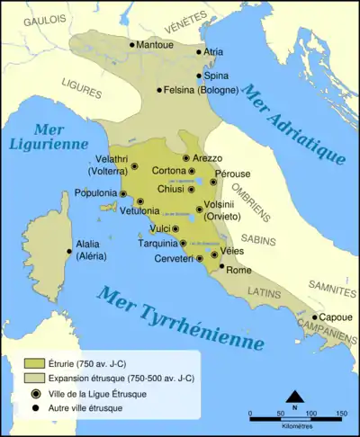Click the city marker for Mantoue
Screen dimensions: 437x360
coord(132,44)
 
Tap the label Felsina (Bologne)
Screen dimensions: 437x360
coord(202,90)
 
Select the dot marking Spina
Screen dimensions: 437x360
coord(199,76)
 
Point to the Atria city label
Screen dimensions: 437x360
coord(213,52)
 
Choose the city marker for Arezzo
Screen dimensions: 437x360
coord(186,158)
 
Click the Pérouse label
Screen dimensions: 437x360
coord(233,174)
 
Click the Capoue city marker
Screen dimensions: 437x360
coord(315,317)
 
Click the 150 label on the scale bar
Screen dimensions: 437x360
coord(341,414)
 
